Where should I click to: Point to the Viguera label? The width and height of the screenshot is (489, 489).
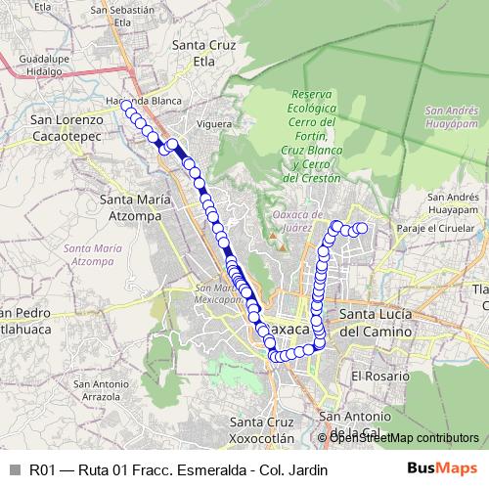(x=213, y=125)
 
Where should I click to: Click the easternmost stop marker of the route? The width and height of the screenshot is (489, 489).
(x=361, y=229)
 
